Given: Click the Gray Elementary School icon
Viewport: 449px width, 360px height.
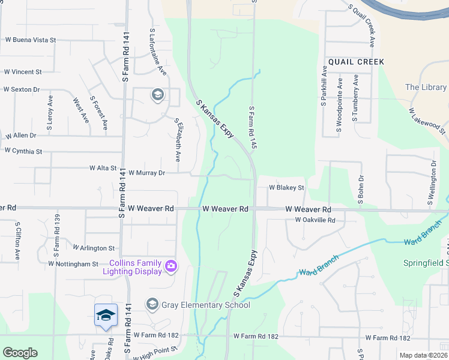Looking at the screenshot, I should pyautogui.click(x=152, y=305).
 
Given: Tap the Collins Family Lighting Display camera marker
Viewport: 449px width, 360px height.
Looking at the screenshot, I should pyautogui.click(x=171, y=266).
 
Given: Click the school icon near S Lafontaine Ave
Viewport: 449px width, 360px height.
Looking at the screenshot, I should pyautogui.click(x=157, y=94).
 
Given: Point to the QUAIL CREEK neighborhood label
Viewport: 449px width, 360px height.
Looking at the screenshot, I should pyautogui.click(x=355, y=62).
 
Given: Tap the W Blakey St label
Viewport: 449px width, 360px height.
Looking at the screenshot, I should pyautogui.click(x=287, y=187).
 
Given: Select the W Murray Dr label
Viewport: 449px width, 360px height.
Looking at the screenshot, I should pyautogui.click(x=146, y=172).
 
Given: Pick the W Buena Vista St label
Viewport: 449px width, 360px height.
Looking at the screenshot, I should pyautogui.click(x=30, y=40).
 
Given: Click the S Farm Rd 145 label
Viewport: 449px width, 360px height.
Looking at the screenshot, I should pyautogui.click(x=253, y=128).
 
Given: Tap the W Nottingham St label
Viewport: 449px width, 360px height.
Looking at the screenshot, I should pyautogui.click(x=73, y=263).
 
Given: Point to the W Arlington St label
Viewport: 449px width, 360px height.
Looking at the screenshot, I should pyautogui.click(x=94, y=247).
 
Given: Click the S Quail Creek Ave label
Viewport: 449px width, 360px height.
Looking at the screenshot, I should pyautogui.click(x=361, y=25).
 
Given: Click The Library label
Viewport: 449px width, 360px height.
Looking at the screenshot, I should pyautogui.click(x=426, y=87).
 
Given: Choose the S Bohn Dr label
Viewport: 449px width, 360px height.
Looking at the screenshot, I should pyautogui.click(x=361, y=190).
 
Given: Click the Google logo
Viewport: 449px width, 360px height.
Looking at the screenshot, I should pyautogui.click(x=20, y=353).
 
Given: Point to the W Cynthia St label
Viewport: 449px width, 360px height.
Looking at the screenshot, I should pyautogui.click(x=23, y=151).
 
